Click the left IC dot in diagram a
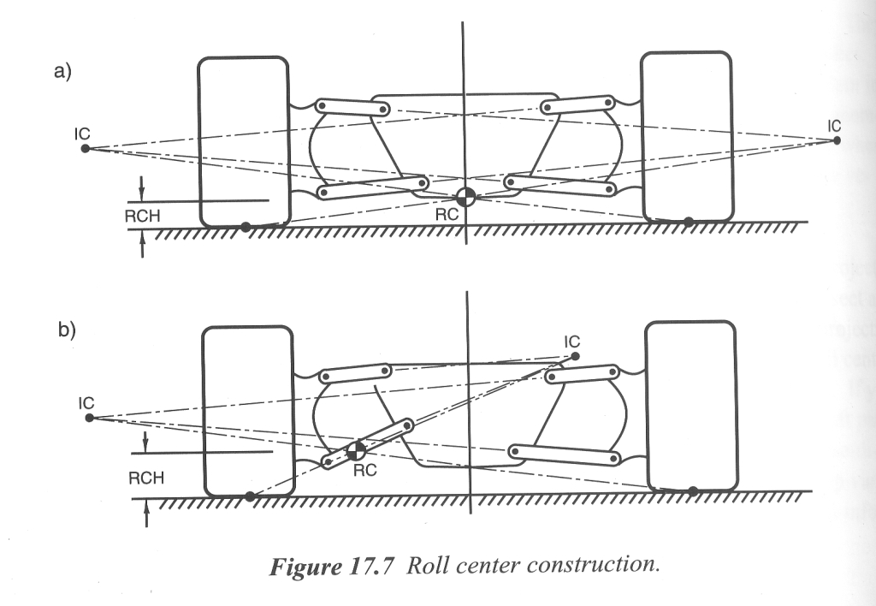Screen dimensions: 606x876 [x=86, y=148]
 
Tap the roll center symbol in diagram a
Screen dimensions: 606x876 [x=465, y=197]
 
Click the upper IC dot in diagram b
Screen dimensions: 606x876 [x=575, y=356]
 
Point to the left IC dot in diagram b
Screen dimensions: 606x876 [x=89, y=418]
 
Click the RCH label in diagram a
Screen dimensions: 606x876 [x=143, y=217]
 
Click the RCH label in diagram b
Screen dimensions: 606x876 [x=146, y=478]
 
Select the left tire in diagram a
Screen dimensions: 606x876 [x=243, y=141]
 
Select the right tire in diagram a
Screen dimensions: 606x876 [x=687, y=135]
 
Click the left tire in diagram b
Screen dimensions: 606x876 [x=247, y=411]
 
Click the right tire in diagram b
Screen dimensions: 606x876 [x=692, y=406]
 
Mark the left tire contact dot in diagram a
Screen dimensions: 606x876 [x=246, y=227]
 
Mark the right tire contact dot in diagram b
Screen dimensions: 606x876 [x=693, y=490]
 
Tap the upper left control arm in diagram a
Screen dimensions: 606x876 [x=352, y=107]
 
